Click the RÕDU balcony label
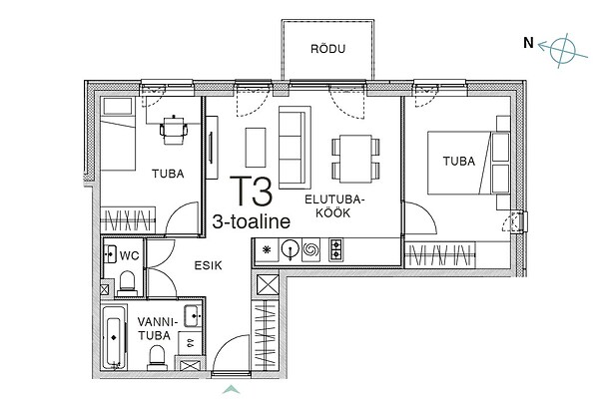[327, 49]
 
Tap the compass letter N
[528, 42]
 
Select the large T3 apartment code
[251, 191]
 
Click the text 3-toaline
[251, 221]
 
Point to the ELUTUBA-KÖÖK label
[332, 206]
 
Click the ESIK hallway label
[209, 265]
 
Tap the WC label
[130, 255]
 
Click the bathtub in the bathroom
[114, 338]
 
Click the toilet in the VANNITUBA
[157, 358]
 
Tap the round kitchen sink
[290, 249]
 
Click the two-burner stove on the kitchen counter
[336, 249]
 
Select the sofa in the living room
[295, 148]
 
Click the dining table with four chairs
[355, 159]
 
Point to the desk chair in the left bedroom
[174, 131]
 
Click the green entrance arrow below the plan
[231, 389]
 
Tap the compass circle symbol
[562, 50]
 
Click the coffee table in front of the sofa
[256, 148]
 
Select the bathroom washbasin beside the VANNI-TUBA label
[193, 316]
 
